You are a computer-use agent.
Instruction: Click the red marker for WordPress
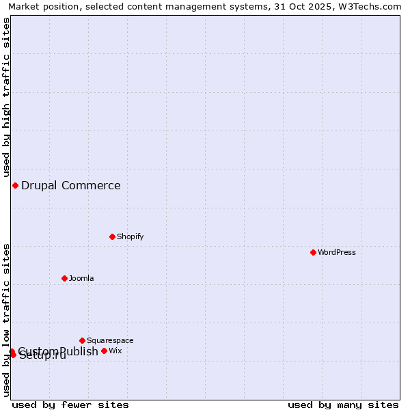tap(313, 252)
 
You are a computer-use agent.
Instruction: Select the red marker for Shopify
tap(112, 236)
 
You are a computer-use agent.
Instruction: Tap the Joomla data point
tap(64, 278)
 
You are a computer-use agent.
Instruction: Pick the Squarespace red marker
tap(82, 340)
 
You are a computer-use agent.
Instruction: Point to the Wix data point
tap(104, 351)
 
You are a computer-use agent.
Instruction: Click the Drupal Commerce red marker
tap(15, 185)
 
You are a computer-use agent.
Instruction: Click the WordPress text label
tap(337, 252)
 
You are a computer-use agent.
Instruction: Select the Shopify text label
tap(131, 236)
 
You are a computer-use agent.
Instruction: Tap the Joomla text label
tap(81, 278)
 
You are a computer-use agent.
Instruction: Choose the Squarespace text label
tap(110, 340)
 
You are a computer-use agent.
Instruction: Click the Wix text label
tap(115, 351)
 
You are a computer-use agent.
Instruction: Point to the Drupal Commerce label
tap(71, 185)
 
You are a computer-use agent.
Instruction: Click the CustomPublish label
tap(59, 351)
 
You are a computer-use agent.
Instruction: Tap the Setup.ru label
tap(42, 355)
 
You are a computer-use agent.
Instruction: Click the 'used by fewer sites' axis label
tap(70, 405)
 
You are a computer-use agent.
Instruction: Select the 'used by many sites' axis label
tap(343, 405)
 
